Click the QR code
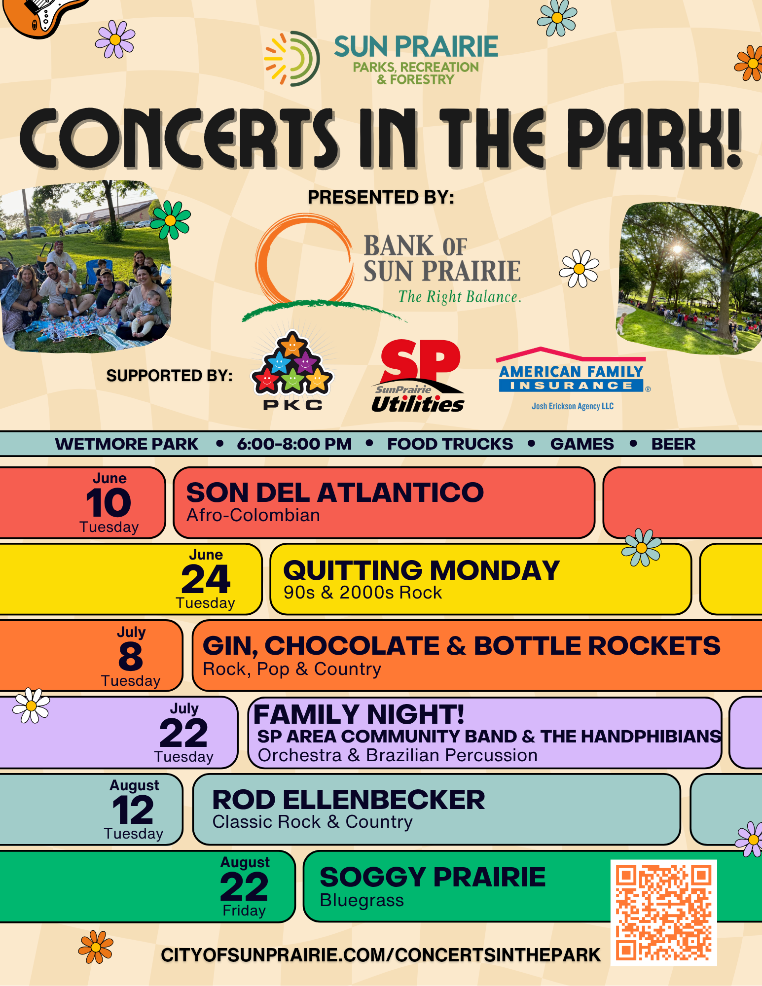pos(663,912)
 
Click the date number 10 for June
pos(109,502)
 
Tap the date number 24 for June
pos(206,579)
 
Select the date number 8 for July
pos(131,656)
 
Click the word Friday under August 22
pos(244,911)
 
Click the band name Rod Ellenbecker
pos(349,800)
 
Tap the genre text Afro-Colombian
pos(253,515)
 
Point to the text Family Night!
pos(359,714)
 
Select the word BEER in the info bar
pos(673,444)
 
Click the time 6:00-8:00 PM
pos(294,444)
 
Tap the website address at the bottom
pos(381,955)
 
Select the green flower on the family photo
pos(170,220)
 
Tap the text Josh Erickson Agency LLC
pos(573,406)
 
